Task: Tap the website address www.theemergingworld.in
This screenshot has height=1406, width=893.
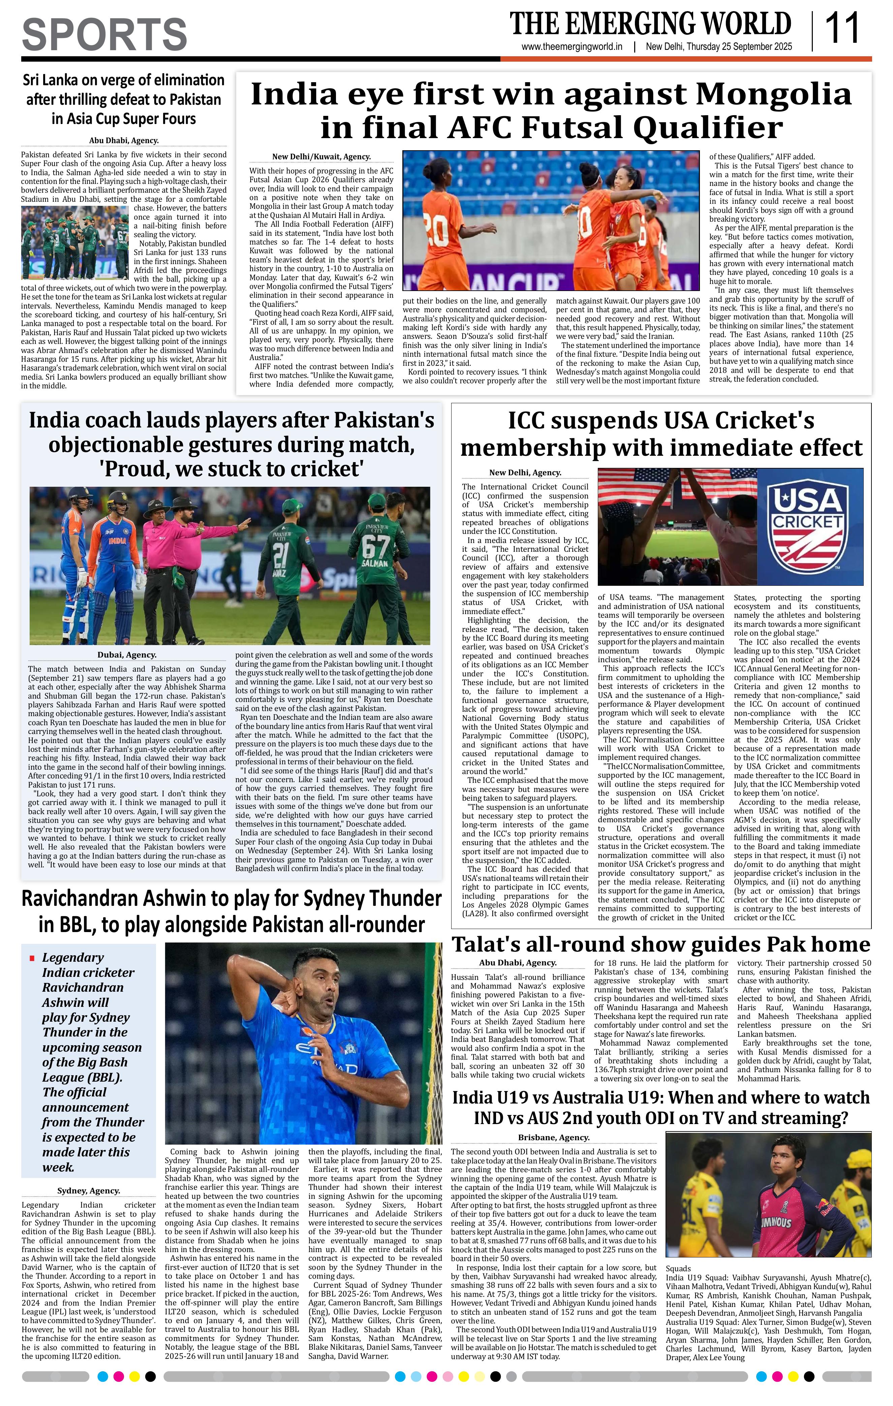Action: pos(572,47)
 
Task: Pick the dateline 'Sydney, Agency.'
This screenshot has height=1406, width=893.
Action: pos(89,1190)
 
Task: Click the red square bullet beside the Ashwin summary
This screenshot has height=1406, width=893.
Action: pos(32,958)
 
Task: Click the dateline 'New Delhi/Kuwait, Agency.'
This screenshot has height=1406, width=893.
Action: pos(321,157)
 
